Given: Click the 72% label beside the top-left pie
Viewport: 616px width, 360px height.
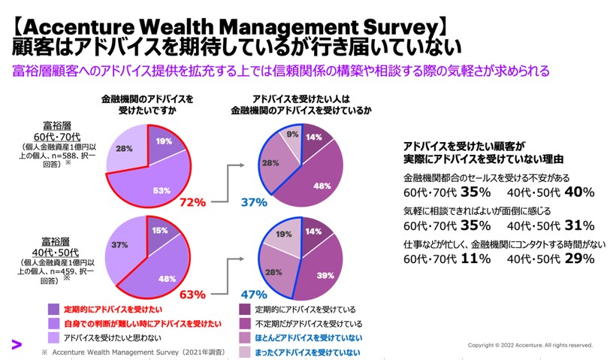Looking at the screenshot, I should click(192, 202).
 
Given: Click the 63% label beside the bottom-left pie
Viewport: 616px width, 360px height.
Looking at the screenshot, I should click(192, 294).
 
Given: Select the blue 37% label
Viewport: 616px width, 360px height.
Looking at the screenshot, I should click(255, 202).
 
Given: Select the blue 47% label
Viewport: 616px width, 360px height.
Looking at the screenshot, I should click(255, 295).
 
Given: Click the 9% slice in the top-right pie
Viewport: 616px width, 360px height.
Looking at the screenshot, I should click(292, 136).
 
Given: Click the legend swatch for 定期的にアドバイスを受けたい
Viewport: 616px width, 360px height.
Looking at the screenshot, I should click(53, 309).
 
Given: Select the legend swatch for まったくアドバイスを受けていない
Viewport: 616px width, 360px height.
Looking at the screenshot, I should click(245, 352).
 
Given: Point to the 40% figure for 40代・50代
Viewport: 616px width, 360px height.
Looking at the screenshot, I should click(578, 192).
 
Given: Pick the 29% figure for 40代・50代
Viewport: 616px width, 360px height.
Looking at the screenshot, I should click(578, 259).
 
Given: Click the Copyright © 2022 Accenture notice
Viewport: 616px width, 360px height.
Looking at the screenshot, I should click(530, 346).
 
